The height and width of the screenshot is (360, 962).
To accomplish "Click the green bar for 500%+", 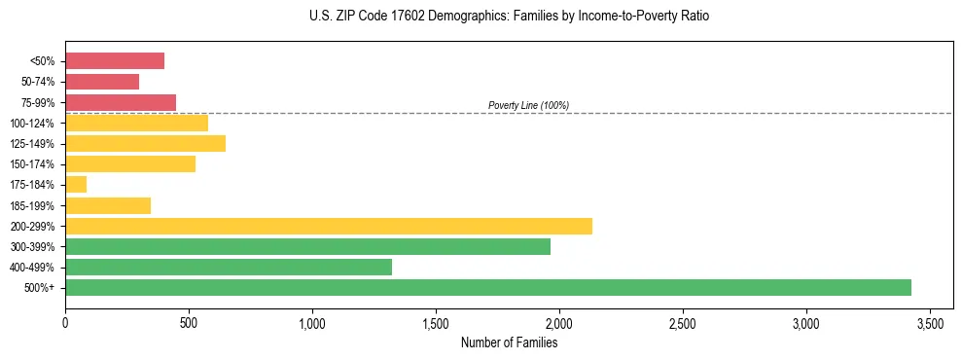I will point(487,287).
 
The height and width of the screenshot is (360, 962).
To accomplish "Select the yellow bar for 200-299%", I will point(328,226).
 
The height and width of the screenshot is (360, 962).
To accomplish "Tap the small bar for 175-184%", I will point(76,184).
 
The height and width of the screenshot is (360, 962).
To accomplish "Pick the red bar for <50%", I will point(115,61).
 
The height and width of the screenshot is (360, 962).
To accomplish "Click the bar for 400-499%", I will point(228,267).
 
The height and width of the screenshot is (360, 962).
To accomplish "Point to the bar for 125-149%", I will point(145,143).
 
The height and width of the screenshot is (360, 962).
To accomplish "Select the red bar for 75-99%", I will point(121,102).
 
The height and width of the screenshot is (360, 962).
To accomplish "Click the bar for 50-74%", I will point(102,82).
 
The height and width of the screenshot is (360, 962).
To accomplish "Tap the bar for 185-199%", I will point(108,205).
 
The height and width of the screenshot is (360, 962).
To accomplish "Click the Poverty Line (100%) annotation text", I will point(528,105).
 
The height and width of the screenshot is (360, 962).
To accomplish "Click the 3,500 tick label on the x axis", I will point(930,322).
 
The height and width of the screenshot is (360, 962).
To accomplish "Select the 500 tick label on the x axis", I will point(189,322).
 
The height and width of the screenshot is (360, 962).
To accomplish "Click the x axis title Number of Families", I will point(509,342).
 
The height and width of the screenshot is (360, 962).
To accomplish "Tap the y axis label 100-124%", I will point(32,124).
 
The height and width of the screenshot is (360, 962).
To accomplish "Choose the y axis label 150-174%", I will point(32,164).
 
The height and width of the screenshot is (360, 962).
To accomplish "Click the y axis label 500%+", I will point(39,288).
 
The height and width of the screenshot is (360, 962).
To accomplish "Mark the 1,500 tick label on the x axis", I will point(436,322).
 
